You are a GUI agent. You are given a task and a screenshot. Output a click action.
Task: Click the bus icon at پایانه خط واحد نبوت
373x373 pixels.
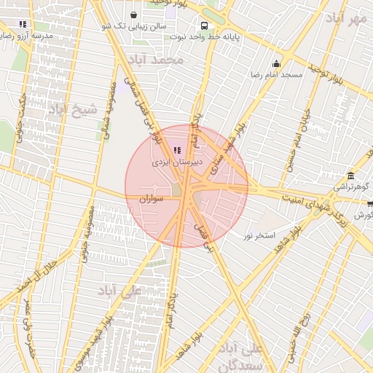pos(205,24)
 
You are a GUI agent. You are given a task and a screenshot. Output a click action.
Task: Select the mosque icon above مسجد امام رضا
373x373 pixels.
pos(276,63)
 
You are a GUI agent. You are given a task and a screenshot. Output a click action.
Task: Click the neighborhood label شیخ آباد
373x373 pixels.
pos(71,110)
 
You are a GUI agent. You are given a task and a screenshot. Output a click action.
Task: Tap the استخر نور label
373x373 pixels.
pos(259,236)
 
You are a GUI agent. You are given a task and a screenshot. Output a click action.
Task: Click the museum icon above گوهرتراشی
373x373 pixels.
pos(351,176)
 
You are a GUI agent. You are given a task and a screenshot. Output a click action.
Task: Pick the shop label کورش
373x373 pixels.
pos(363,216)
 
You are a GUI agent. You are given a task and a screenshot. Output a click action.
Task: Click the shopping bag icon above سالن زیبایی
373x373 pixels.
pos(133,15)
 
